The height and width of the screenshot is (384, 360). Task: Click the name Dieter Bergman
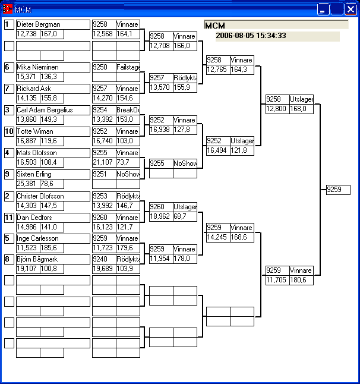tap(39, 25)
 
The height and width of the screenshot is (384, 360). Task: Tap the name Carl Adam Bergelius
tap(45, 111)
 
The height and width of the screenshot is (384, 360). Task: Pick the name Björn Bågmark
tap(38, 260)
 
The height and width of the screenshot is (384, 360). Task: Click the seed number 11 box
tap(9, 218)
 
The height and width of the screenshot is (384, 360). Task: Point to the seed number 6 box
tap(9, 67)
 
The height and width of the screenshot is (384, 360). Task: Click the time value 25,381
tap(27, 184)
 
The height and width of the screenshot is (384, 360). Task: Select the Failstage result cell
tap(128, 68)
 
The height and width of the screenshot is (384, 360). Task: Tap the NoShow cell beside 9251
tap(128, 175)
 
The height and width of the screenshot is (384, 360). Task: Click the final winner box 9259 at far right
tap(338, 190)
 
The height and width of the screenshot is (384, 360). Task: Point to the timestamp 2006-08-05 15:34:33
tap(251, 36)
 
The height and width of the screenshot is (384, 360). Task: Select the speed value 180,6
tap(301, 281)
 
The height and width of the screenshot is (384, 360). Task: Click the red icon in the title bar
tap(8, 10)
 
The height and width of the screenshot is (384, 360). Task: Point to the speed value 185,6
tap(51, 248)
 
